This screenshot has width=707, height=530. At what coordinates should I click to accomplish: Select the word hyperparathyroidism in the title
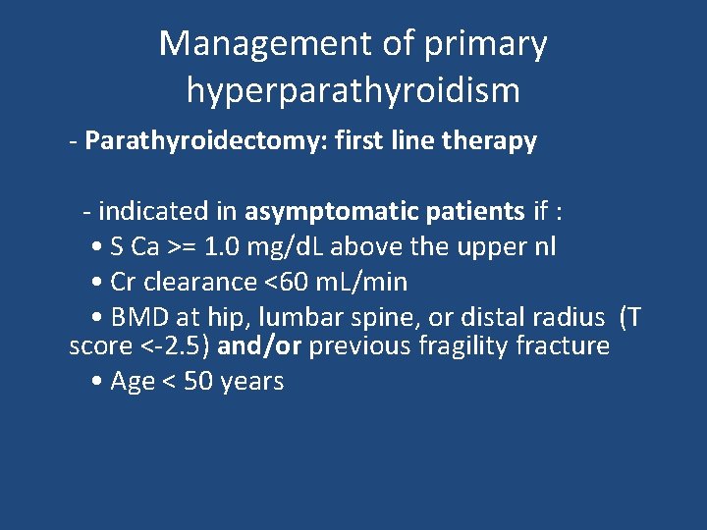click(353, 91)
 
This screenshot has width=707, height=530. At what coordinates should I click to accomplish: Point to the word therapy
click(489, 141)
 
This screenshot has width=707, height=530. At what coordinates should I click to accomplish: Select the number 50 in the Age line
click(200, 382)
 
